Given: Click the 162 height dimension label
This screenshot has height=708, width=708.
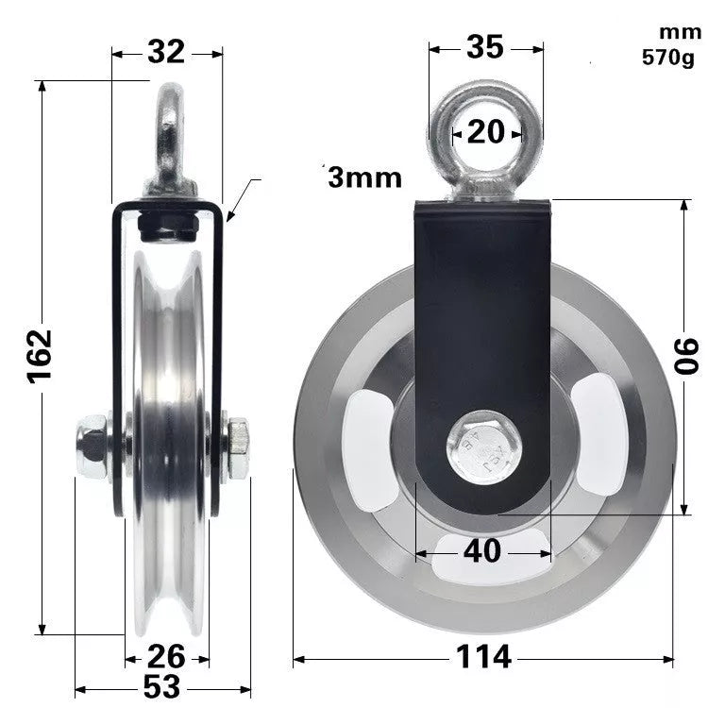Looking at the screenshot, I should click(x=41, y=356).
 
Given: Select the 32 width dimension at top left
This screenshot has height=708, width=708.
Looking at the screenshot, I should click(x=166, y=53).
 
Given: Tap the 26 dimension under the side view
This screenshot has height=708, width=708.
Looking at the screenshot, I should click(x=167, y=653).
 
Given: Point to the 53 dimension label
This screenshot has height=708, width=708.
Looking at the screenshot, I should click(x=162, y=687).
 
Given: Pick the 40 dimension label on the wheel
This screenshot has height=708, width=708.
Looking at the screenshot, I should click(x=482, y=550).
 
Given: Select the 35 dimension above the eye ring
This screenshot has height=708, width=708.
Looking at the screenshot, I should click(x=485, y=47).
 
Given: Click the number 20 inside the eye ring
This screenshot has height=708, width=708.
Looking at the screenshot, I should click(x=486, y=132).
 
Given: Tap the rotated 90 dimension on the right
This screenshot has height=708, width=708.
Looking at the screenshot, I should click(x=686, y=357).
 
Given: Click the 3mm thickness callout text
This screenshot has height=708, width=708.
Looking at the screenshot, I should click(x=364, y=177).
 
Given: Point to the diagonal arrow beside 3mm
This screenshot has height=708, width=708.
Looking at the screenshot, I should click(x=243, y=200).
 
